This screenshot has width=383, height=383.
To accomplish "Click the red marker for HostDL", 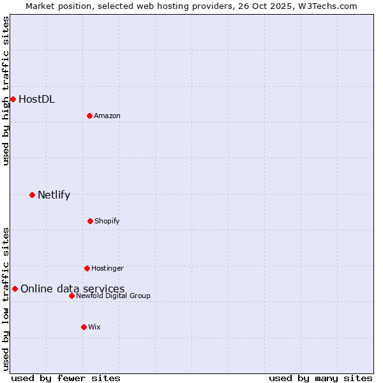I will (x=13, y=99).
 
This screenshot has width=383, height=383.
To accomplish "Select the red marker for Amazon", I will (x=89, y=116).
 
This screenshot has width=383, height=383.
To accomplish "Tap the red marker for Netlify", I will (x=32, y=195).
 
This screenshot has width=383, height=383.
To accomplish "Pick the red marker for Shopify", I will (x=90, y=221).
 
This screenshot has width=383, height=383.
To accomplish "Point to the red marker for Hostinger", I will (x=87, y=268).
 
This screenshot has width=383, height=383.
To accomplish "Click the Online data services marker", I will (x=15, y=289).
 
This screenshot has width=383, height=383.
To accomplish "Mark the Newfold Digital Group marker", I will (x=71, y=296).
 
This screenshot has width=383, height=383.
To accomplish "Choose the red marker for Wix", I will (x=84, y=327).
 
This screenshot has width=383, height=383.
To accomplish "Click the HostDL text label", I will (x=36, y=99).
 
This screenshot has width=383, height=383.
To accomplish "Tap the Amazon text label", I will (x=107, y=116).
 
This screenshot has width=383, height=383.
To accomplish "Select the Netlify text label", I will (x=54, y=195).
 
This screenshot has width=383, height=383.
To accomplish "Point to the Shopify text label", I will (x=107, y=221).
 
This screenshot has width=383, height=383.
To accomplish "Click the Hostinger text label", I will (x=107, y=268).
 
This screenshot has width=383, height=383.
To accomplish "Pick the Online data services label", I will (x=72, y=289).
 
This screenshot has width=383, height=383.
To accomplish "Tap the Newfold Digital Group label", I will (x=113, y=296).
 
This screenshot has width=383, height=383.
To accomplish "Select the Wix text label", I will (x=94, y=327).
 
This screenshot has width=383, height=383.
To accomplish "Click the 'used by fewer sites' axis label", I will (x=66, y=378).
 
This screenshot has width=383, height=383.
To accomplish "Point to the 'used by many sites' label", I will (x=320, y=378).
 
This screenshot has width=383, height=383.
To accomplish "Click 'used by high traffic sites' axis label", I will (x=6, y=91).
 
